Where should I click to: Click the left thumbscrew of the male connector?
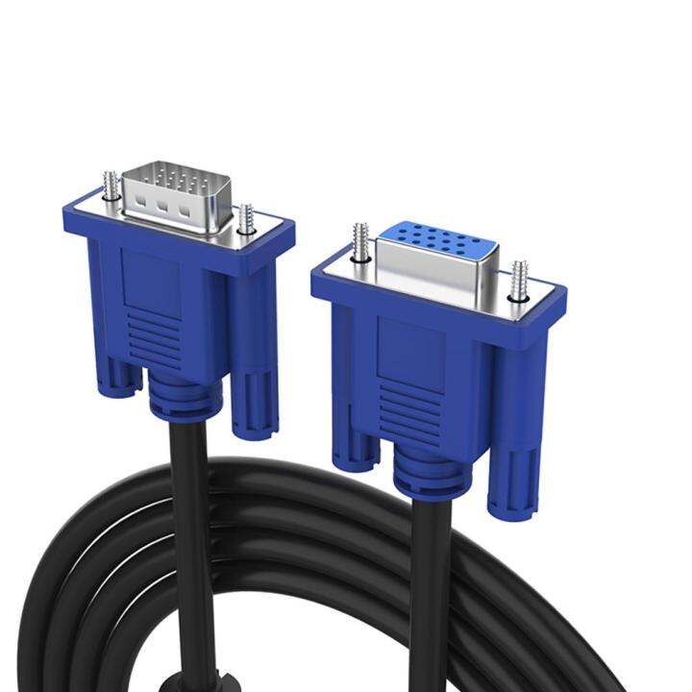[111, 185]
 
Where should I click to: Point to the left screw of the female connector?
[360, 243]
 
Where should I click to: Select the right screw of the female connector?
[520, 277]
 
